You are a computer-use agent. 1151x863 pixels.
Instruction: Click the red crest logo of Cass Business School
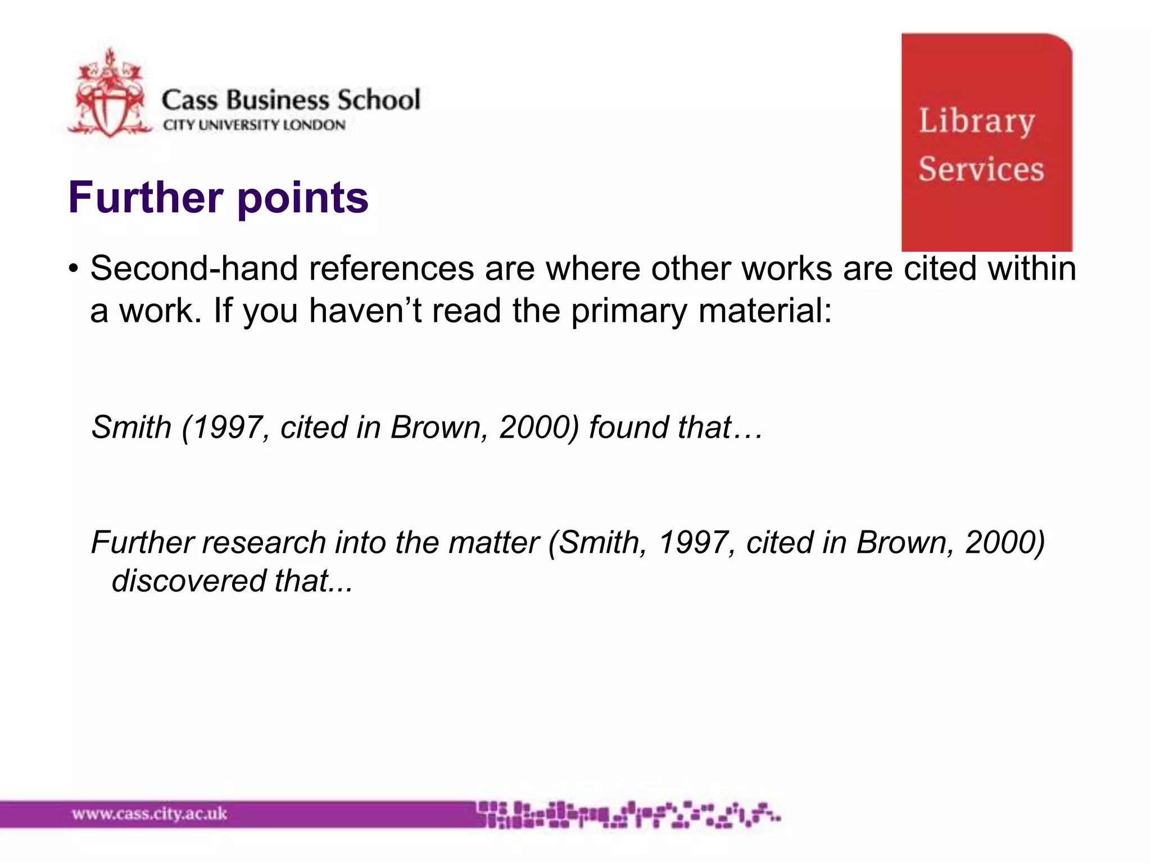click(110, 96)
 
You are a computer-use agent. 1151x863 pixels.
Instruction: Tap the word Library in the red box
click(977, 121)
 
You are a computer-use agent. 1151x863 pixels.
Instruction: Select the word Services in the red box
click(981, 169)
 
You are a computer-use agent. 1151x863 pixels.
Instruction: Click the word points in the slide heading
click(303, 198)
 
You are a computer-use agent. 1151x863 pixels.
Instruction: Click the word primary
click(629, 311)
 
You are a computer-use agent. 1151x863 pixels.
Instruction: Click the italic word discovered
click(188, 581)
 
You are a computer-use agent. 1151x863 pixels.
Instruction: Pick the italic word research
click(264, 543)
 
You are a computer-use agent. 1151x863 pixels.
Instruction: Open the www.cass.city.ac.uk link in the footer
click(149, 814)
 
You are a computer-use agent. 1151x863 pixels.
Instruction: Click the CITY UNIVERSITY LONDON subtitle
click(254, 125)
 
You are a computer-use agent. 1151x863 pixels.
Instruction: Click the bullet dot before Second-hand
click(73, 269)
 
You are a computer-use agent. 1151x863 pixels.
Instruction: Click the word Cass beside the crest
click(189, 100)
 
